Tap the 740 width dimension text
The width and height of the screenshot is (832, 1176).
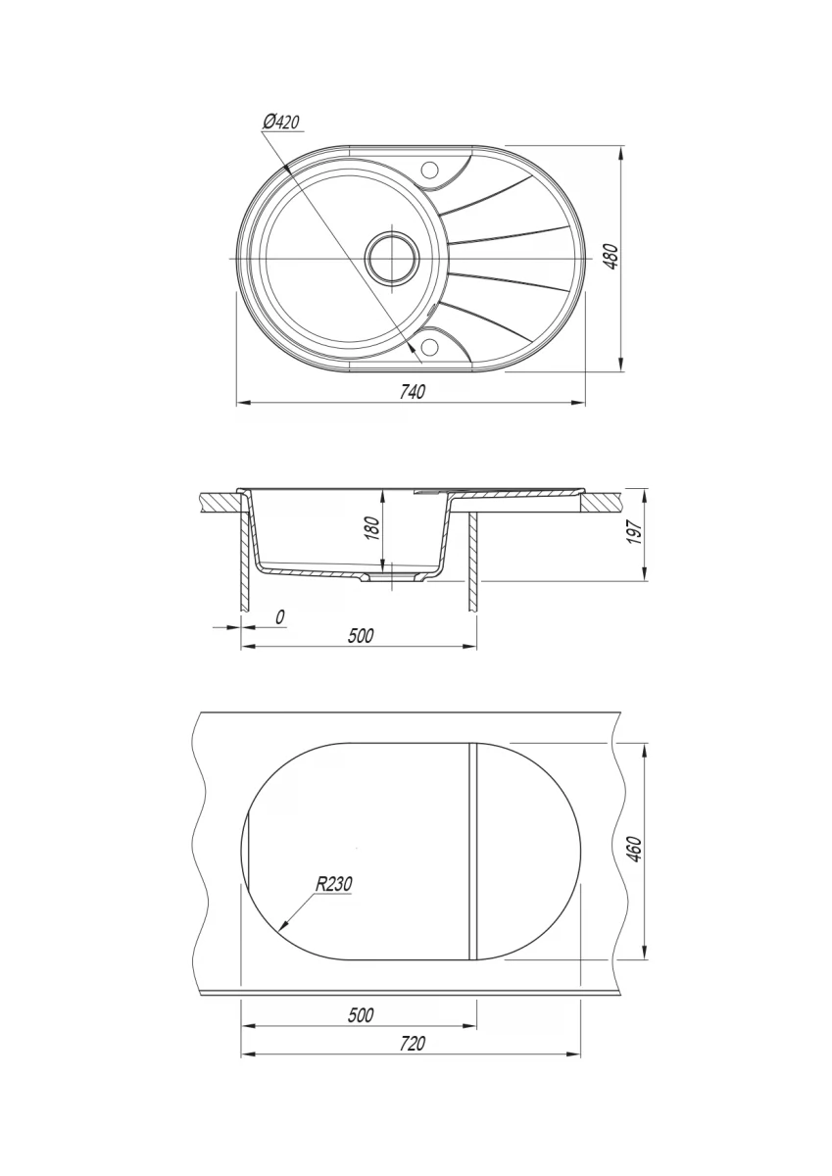[412, 392]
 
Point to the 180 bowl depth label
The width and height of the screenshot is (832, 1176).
[372, 528]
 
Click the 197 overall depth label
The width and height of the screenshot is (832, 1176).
[635, 532]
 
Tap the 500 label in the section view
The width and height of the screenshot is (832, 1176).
[361, 636]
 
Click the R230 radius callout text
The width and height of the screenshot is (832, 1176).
[333, 884]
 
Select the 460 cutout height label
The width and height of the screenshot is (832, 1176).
[635, 850]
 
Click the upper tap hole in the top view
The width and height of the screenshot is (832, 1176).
[430, 169]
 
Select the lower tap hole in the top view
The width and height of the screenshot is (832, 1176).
[430, 346]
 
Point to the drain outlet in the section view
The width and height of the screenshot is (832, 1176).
[392, 577]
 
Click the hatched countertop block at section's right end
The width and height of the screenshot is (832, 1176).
[600, 503]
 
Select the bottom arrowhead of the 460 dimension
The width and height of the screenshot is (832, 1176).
[645, 953]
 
